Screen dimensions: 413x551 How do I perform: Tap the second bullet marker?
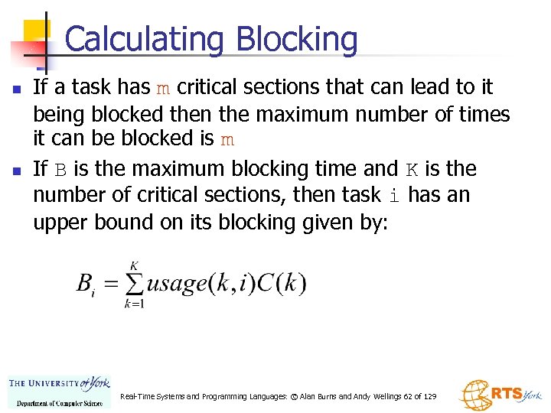(x=16, y=169)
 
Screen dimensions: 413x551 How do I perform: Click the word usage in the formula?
(x=177, y=285)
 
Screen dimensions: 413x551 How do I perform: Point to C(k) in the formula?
(x=281, y=284)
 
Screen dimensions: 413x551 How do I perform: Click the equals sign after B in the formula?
(x=111, y=285)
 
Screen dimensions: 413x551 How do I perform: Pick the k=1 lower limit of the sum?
(x=134, y=304)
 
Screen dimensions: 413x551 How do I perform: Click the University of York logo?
(x=59, y=390)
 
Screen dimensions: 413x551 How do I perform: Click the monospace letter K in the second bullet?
(x=412, y=169)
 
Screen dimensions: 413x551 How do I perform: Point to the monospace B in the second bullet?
(x=61, y=169)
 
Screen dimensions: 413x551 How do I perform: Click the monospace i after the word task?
(x=394, y=196)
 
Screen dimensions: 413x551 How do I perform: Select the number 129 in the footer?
(x=429, y=397)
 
